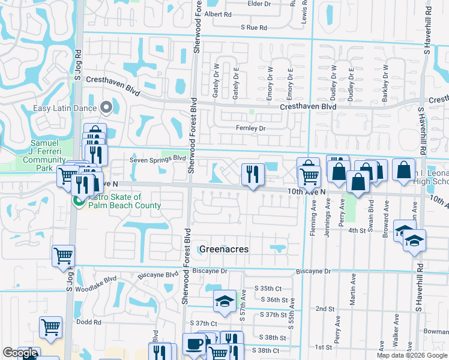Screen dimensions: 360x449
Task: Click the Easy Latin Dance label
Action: [66, 108]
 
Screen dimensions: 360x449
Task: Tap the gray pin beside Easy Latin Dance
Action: [107, 108]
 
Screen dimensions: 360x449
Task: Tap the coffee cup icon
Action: [193, 344]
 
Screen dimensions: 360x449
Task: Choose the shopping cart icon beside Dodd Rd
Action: [50, 328]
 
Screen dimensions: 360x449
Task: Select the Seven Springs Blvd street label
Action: [158, 160]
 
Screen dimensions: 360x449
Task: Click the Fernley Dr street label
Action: [251, 128]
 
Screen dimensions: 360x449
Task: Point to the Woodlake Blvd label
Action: [100, 280]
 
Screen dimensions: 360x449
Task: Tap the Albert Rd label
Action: [218, 14]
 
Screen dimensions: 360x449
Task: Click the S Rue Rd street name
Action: [253, 28]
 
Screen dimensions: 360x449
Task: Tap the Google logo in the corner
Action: [20, 353]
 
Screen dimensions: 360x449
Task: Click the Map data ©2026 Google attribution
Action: [412, 355]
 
